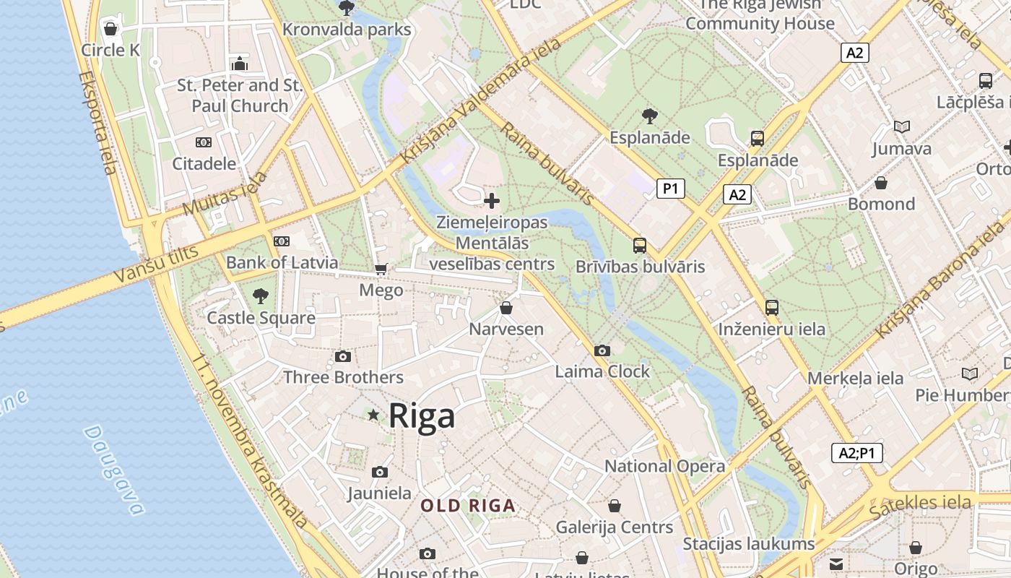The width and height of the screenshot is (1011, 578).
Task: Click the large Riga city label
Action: (x=422, y=416)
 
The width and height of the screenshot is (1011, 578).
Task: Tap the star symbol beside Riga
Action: (x=373, y=415)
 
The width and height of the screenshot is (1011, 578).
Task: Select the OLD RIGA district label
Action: (x=468, y=506)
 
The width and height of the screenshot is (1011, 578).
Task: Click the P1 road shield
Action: (x=671, y=189)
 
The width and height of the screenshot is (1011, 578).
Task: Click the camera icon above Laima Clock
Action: (x=602, y=351)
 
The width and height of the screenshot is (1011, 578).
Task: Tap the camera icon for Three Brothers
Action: (x=343, y=357)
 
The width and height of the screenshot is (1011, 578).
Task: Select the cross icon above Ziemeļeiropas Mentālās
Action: (x=492, y=200)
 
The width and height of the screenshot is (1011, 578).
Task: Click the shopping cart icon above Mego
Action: (x=381, y=269)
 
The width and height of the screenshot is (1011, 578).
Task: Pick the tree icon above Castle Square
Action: (x=261, y=296)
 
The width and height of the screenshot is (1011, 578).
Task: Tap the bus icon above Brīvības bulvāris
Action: (x=640, y=245)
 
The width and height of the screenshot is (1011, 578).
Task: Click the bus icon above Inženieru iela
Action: (x=772, y=308)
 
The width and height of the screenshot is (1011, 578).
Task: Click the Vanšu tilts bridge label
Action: (x=156, y=264)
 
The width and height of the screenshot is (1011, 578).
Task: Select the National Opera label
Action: (x=664, y=466)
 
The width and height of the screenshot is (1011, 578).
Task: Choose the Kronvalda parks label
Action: (x=347, y=30)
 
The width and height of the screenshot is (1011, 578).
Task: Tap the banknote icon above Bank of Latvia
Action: (x=282, y=241)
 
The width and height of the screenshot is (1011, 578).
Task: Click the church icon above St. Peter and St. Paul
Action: (x=240, y=64)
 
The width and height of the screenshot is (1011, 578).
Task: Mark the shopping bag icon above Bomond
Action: (x=881, y=183)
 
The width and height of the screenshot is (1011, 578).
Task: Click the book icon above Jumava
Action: (x=901, y=127)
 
